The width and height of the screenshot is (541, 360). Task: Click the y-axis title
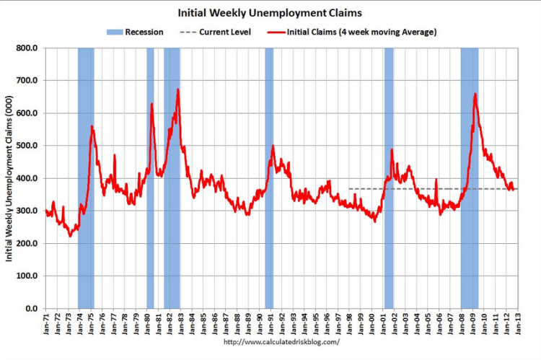10,178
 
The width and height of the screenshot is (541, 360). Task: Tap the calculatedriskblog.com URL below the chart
282,341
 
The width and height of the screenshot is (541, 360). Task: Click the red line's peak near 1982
177,89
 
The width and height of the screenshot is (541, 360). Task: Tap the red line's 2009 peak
475,94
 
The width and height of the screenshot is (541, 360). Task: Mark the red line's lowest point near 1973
70,235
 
